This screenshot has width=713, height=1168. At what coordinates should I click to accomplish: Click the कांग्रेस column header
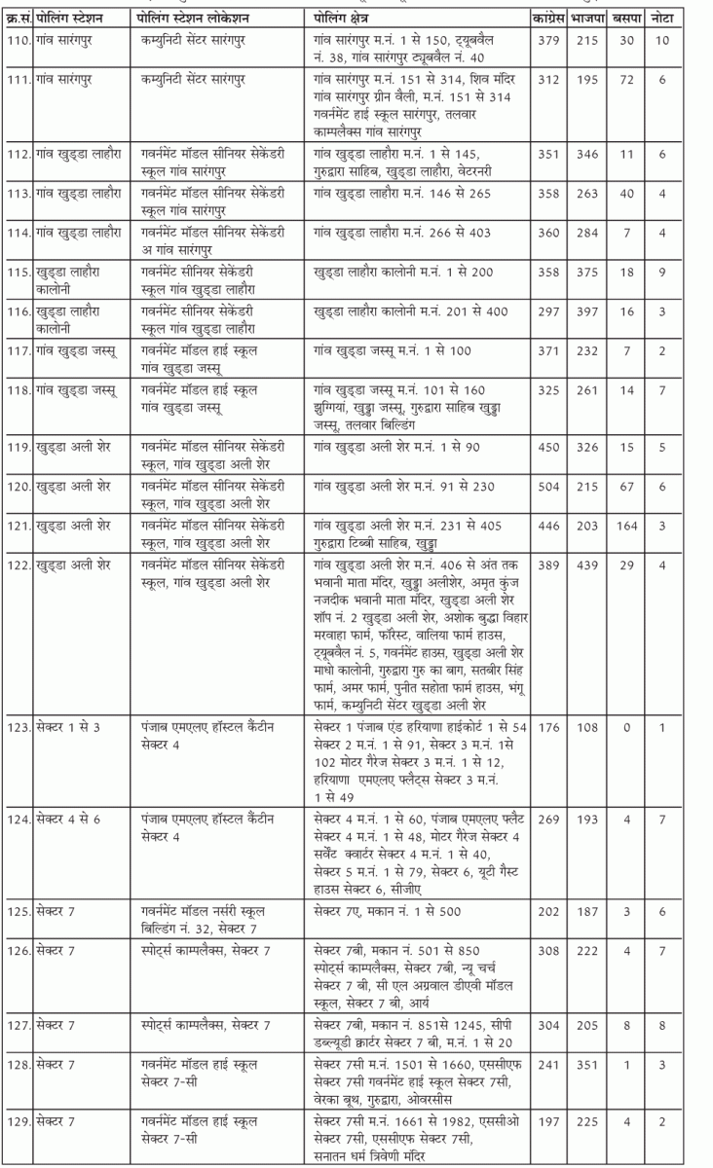coord(548,19)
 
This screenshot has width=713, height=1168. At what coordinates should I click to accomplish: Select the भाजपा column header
coord(590,19)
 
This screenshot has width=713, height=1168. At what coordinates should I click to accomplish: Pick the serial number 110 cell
coord(17,38)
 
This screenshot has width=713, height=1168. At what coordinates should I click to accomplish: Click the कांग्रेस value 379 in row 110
coord(548,38)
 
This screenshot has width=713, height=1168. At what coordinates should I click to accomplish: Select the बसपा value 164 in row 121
coord(627,527)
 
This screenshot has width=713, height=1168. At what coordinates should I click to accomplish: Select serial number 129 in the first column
coord(17,1122)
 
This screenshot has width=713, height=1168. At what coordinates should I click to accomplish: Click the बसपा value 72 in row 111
coord(627,81)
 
